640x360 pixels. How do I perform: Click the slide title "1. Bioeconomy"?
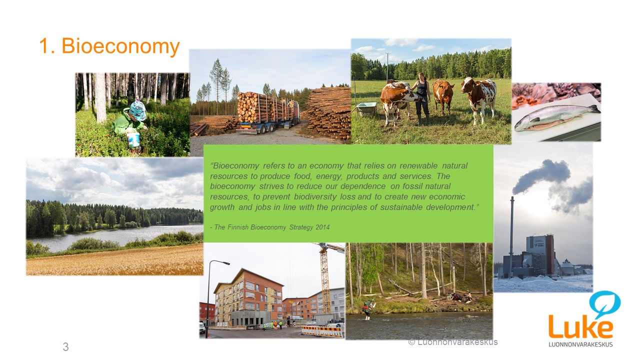[109, 45]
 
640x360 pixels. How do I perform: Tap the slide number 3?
[65, 347]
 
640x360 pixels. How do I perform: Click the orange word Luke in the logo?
[580, 326]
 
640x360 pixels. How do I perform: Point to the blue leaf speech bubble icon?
[604, 303]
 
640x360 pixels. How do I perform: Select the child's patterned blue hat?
[137, 110]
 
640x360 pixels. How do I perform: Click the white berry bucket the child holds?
[133, 139]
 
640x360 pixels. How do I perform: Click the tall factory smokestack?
[511, 237]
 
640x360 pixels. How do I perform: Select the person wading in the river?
[368, 309]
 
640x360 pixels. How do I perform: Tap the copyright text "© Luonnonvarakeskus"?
[453, 342]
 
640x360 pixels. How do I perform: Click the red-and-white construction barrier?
[322, 331]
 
